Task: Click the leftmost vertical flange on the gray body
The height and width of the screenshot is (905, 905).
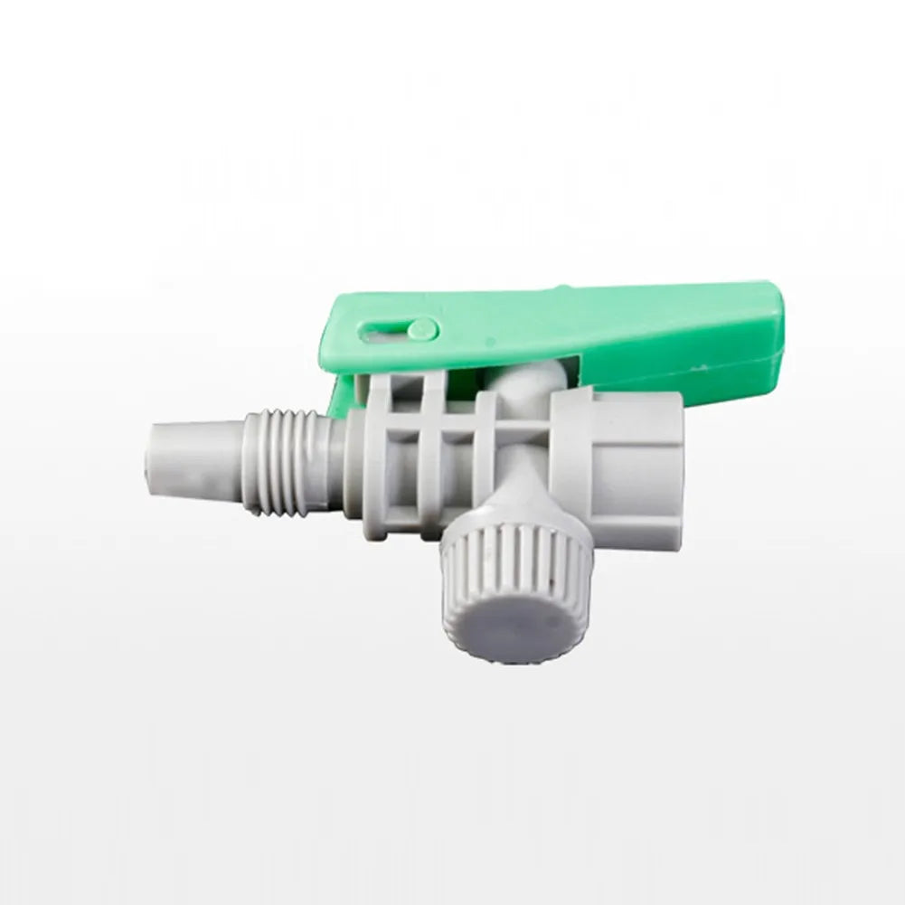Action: (380, 452)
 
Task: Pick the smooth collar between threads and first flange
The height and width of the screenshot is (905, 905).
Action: (353, 461)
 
